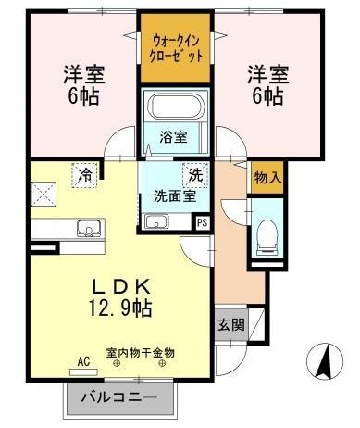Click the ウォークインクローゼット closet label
click(175, 47)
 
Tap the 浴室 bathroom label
click(172, 137)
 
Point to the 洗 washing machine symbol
click(195, 173)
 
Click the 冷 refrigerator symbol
click(86, 173)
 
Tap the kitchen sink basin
click(89, 227)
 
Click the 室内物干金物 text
click(140, 353)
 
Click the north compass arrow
click(326, 360)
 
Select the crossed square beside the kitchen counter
click(44, 193)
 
